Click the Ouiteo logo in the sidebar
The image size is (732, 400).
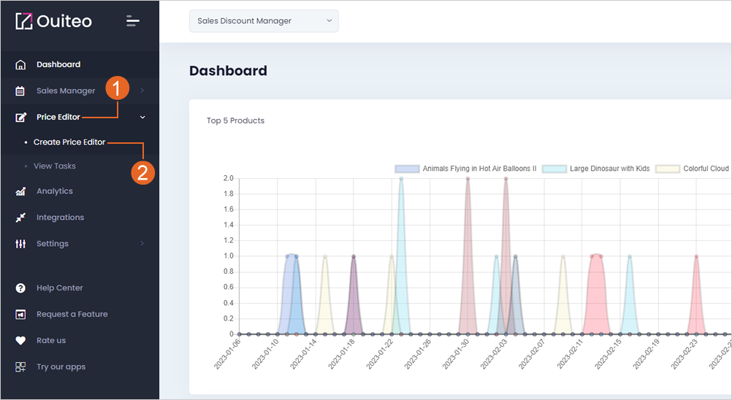pos(53,21)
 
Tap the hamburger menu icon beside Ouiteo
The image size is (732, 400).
pos(132,21)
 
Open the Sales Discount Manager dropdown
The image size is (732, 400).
pos(264,21)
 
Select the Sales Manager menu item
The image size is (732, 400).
pos(66,91)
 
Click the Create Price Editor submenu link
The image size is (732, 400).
pos(69,142)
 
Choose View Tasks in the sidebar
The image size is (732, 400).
pos(55,166)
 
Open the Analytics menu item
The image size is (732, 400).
pos(55,191)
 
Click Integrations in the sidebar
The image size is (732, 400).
pos(60,218)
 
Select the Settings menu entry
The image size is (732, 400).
pos(53,243)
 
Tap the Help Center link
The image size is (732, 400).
pos(60,288)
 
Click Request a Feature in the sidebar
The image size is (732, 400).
pos(72,314)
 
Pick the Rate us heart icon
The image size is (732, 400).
pos(20,340)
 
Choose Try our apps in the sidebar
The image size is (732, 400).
pos(61,367)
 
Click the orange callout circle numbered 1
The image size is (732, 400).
pos(117,88)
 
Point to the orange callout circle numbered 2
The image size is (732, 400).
pos(143,172)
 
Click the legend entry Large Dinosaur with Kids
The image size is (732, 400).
pos(596,169)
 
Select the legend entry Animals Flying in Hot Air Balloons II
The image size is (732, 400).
pos(466,169)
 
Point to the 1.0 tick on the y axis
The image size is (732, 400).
pos(228,256)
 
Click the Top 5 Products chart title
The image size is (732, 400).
pos(236,120)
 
